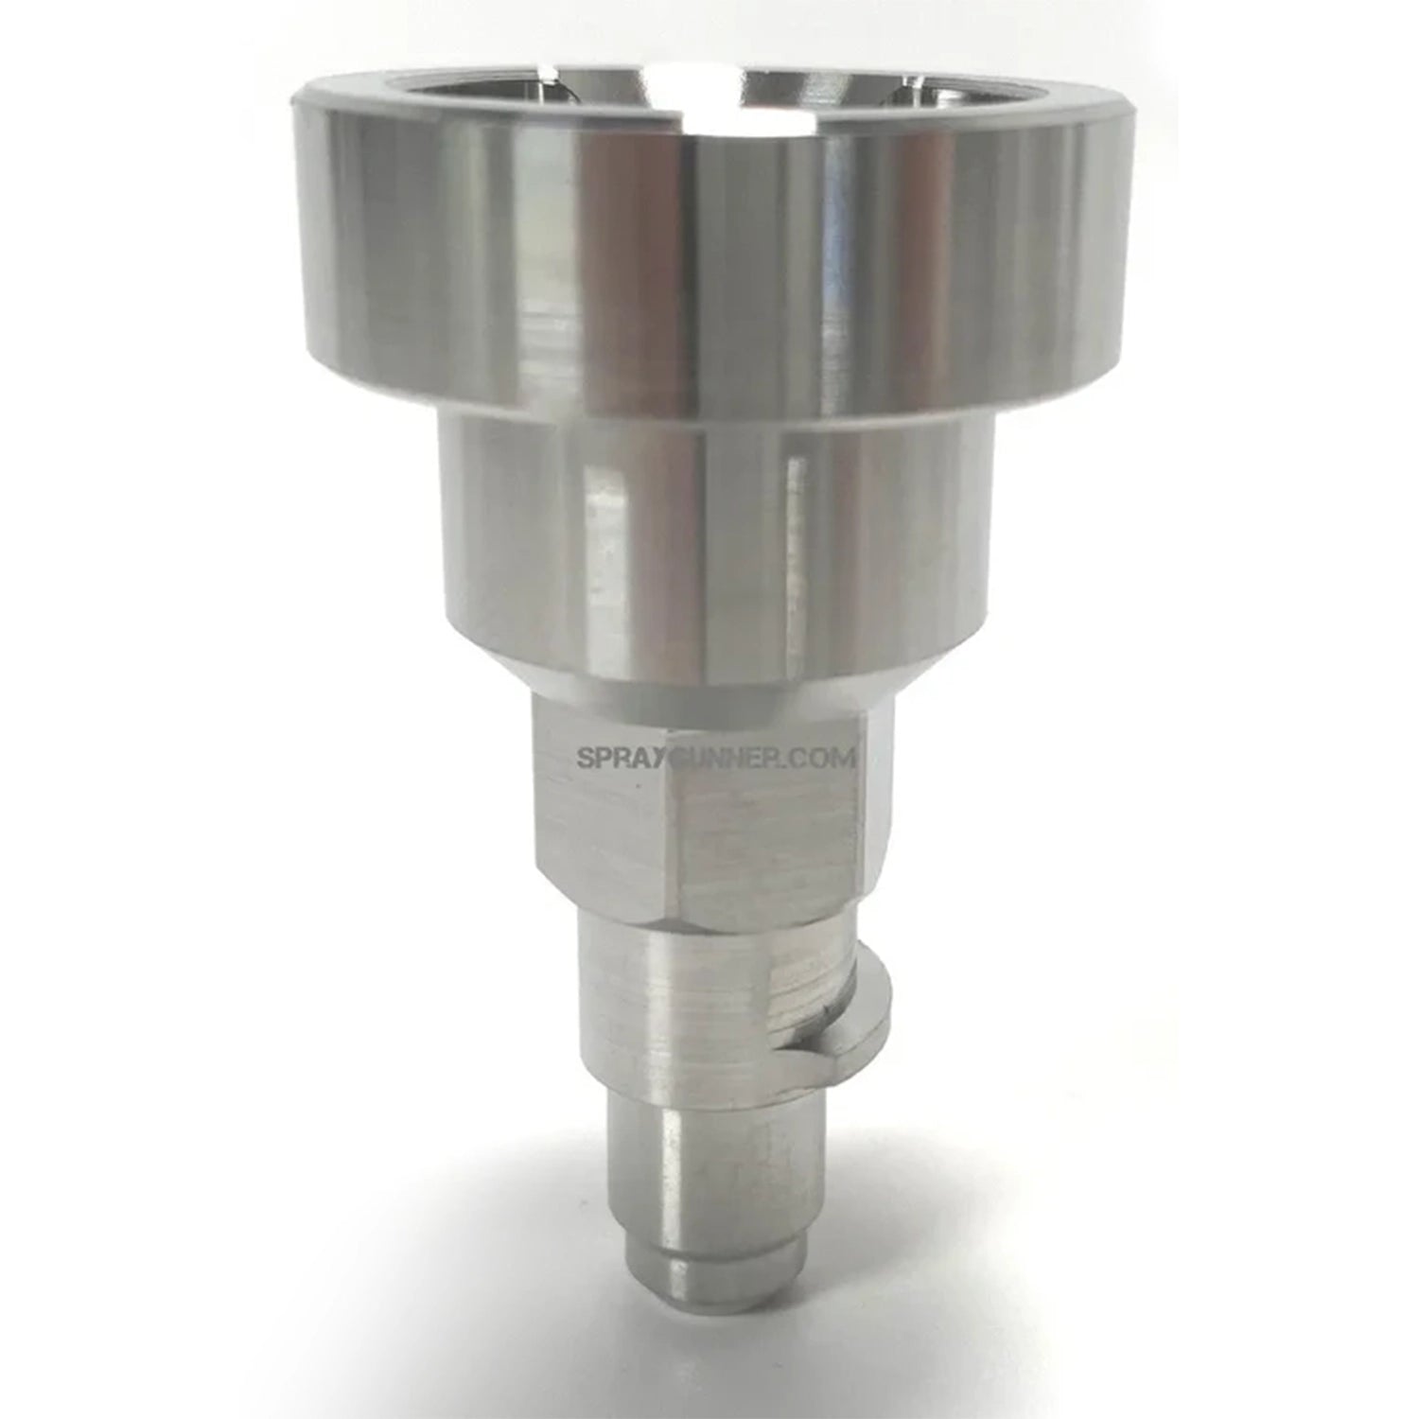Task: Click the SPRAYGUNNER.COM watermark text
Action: coord(716,758)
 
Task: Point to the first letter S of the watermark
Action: coord(584,758)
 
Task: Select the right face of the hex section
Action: coord(771,832)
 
